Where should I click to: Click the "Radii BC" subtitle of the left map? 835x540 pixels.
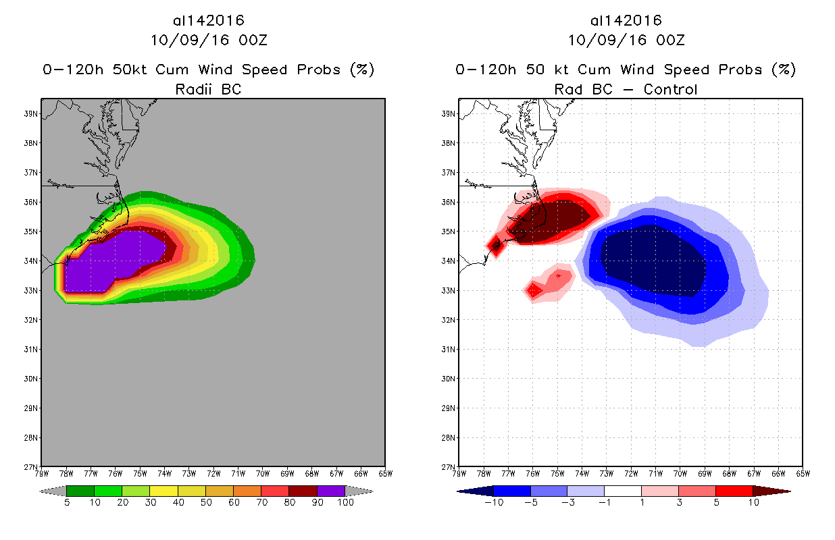point(208,89)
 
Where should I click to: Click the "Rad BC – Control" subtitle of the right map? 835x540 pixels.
point(626,89)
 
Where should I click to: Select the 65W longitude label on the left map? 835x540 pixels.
point(385,473)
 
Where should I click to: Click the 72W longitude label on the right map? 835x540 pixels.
point(630,473)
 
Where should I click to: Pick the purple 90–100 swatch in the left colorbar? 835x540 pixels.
point(331,491)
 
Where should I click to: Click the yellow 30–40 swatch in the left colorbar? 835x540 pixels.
point(163,491)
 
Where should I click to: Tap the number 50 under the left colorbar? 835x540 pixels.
point(205,504)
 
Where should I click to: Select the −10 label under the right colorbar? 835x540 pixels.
point(492,504)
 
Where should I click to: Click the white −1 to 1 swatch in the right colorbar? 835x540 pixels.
point(622,491)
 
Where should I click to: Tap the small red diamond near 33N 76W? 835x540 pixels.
point(534,291)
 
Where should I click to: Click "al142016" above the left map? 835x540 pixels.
point(208,20)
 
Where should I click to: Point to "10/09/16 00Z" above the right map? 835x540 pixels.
point(626,40)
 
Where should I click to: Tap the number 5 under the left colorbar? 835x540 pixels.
point(67,504)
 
